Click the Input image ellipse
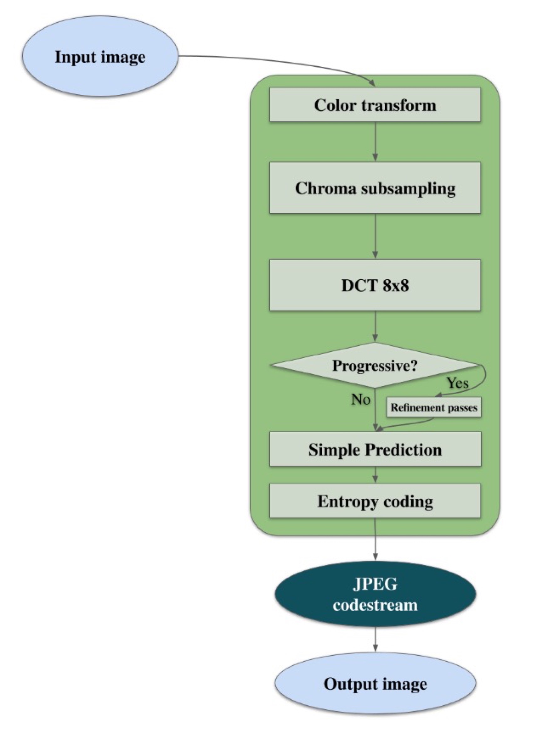tap(100, 57)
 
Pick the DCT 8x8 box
tap(375, 285)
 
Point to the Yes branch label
tap(458, 383)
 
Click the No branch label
tap(360, 399)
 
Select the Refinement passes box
tap(434, 407)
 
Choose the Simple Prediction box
tap(375, 449)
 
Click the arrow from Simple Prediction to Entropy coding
tap(375, 475)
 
